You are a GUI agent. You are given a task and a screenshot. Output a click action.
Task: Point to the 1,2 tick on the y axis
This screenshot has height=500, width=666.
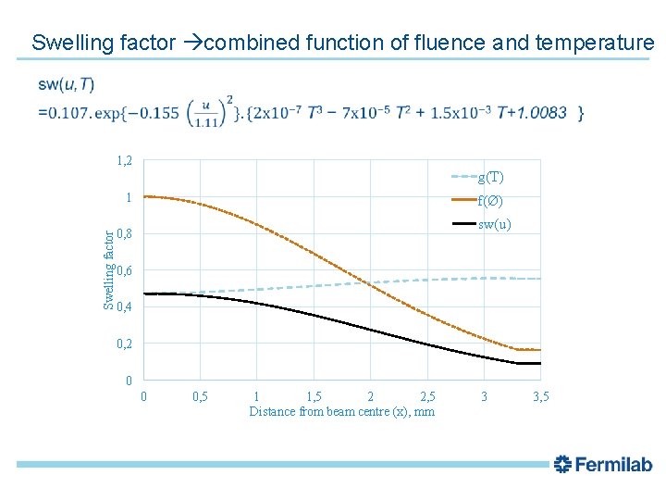tap(124, 161)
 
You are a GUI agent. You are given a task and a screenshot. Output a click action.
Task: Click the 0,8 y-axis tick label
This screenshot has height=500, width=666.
tap(124, 234)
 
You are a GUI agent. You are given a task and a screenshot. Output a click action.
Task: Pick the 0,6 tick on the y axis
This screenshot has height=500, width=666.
tap(124, 270)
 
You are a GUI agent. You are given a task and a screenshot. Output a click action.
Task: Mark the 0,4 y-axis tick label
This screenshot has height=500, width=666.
tap(124, 307)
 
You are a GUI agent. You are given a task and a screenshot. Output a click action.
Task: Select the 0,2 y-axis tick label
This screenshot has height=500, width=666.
tap(124, 344)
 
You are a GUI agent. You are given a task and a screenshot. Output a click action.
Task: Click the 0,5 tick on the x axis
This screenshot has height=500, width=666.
tap(199, 396)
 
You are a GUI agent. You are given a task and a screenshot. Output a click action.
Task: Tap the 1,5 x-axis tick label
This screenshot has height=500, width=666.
tap(314, 396)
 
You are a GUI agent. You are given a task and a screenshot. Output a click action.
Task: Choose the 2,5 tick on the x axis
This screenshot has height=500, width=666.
tap(427, 396)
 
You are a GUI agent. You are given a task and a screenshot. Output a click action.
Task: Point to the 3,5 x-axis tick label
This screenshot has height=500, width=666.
tap(541, 396)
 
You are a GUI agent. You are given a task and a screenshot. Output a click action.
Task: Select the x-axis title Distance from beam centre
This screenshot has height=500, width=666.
tap(341, 411)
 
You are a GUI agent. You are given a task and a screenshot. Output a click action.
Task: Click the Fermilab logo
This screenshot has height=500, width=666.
tap(602, 465)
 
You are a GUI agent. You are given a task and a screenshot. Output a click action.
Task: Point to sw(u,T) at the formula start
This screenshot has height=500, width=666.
tap(66, 85)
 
